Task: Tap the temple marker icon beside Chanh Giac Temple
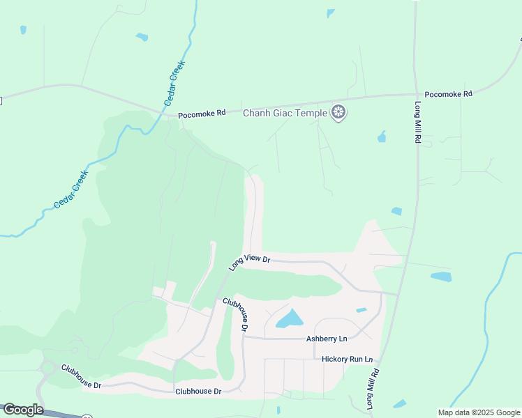pos(338,112)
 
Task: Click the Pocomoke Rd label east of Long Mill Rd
pos(448,93)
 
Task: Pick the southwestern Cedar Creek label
pos(71,189)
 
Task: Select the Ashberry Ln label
pos(326,339)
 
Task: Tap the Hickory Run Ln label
pos(347,359)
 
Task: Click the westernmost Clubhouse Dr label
pos(81,376)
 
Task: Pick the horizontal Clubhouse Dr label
pos(198,392)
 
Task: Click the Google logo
pos(22,410)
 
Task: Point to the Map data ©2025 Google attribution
pos(479,412)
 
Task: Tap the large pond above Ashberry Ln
pos(290,319)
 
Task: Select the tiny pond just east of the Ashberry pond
pos(361,310)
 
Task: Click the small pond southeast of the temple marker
pos(382,137)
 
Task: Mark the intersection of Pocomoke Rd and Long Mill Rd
pos(416,94)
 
